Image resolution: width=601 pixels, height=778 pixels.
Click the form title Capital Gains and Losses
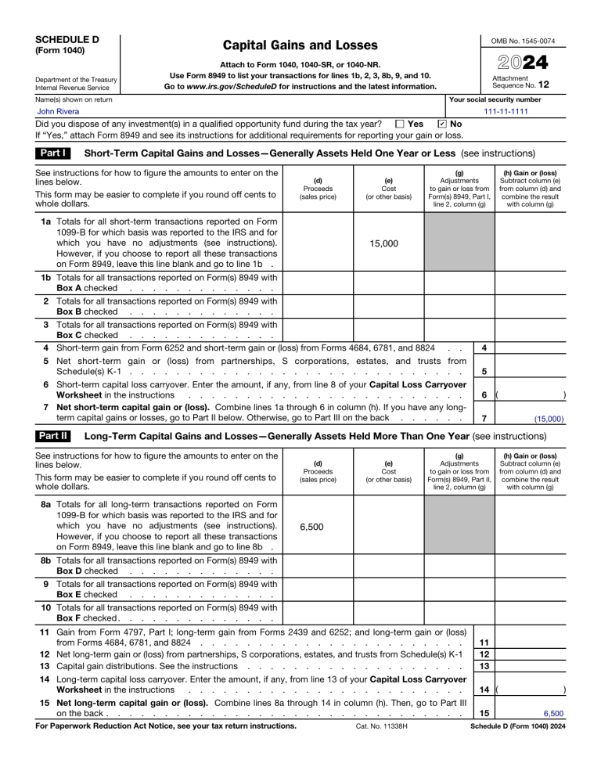290,46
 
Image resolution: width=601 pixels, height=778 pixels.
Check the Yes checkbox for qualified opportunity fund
400,124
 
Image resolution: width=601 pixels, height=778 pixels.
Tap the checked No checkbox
442,124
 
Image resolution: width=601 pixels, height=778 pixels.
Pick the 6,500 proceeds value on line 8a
318,528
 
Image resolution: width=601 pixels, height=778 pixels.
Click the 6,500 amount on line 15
552,714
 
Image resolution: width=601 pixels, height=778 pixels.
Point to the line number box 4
485,348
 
